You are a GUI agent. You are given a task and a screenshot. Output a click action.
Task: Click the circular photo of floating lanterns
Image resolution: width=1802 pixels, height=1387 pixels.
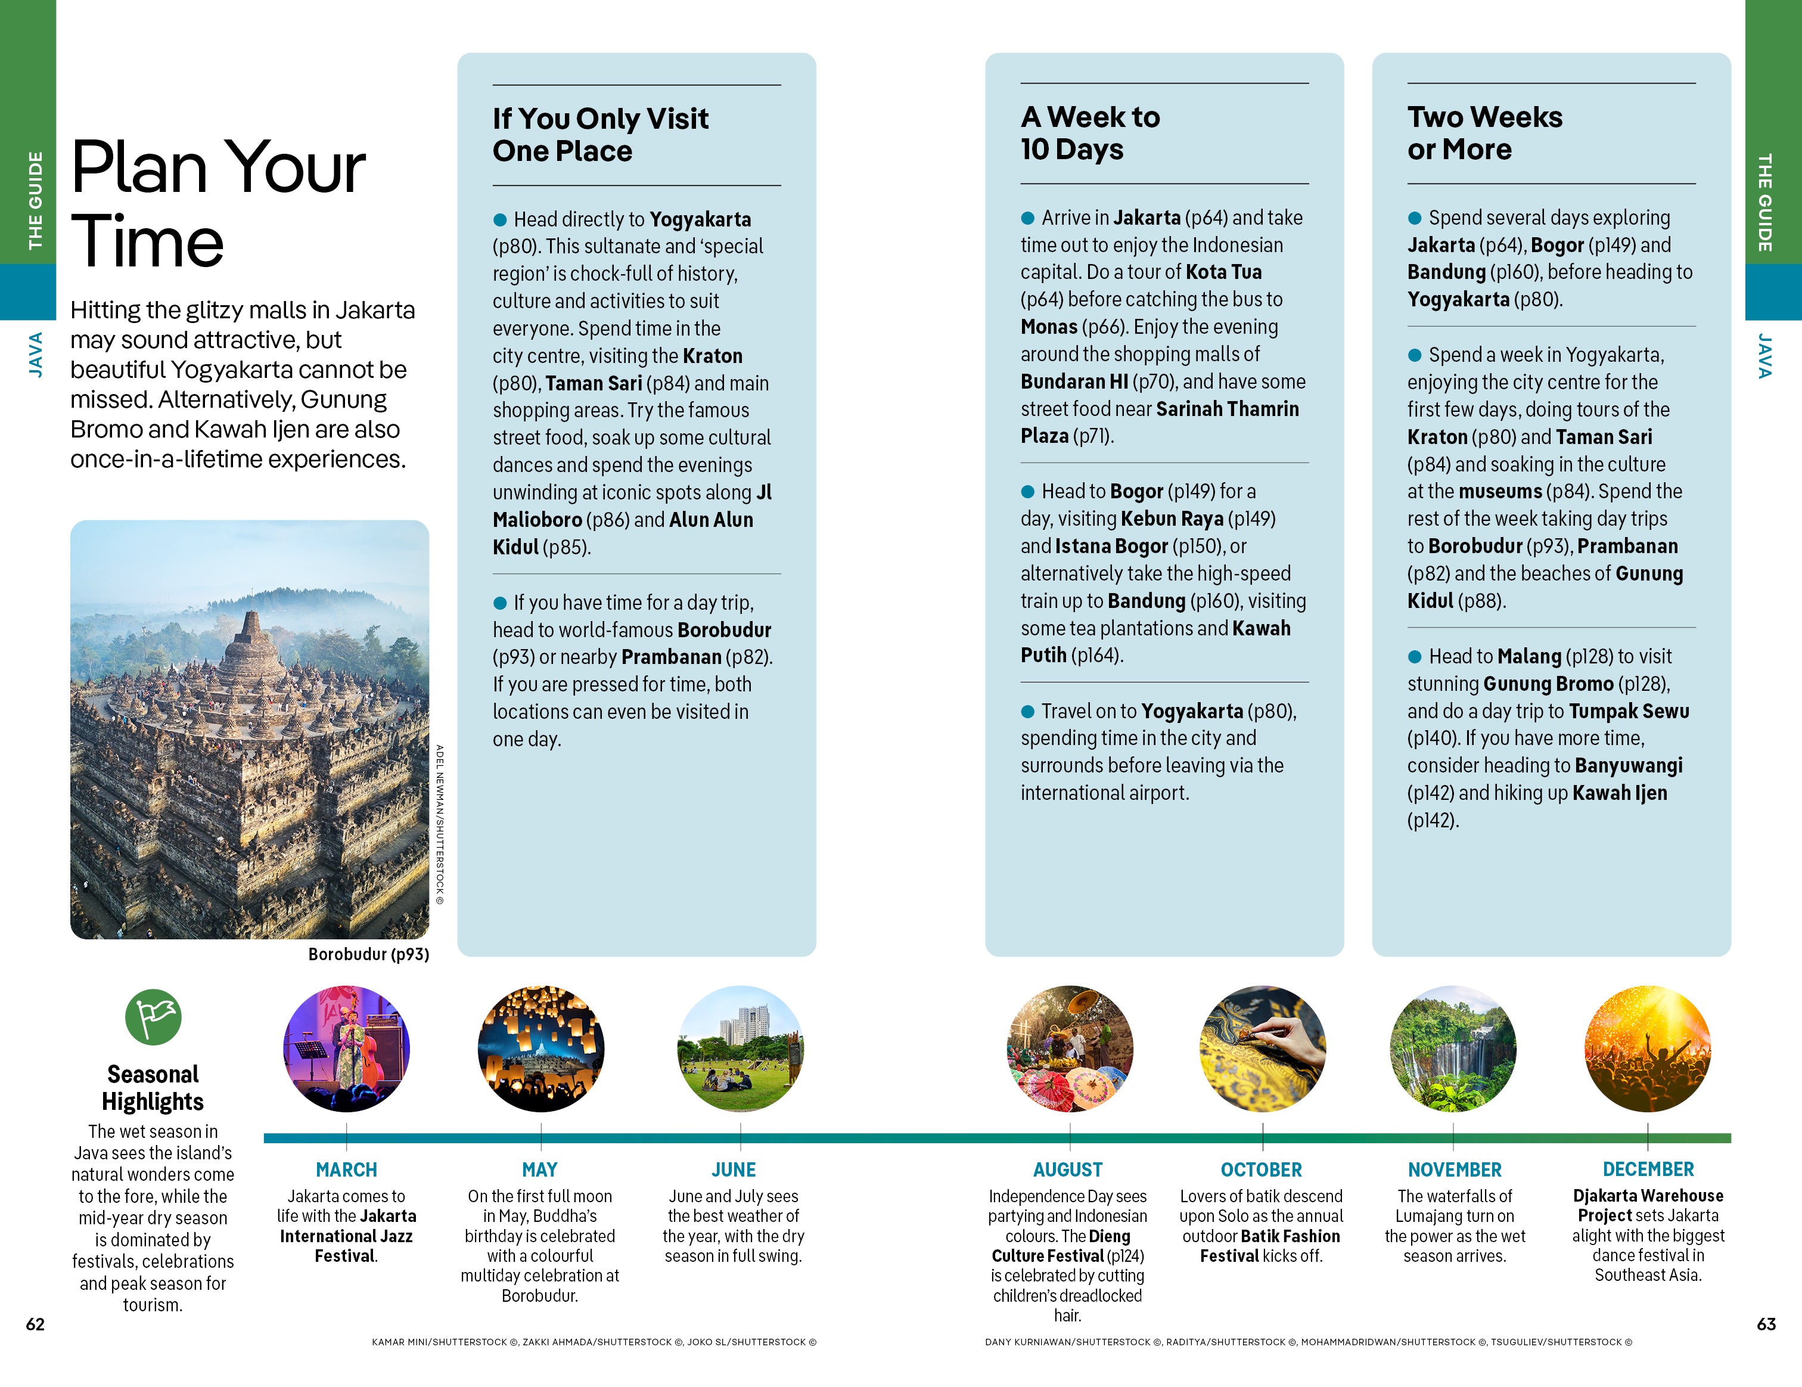540,1048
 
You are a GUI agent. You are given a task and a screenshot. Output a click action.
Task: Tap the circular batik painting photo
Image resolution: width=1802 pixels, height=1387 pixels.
1262,1048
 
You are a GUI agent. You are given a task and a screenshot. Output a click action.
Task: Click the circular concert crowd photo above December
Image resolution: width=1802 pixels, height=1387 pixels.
1648,1048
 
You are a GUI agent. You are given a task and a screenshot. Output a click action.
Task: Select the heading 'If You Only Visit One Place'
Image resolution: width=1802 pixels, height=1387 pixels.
600,135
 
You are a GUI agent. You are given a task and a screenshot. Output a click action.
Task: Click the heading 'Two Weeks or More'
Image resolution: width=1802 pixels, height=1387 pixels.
1484,133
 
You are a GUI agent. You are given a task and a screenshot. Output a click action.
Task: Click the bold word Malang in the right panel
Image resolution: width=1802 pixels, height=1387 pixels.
1529,657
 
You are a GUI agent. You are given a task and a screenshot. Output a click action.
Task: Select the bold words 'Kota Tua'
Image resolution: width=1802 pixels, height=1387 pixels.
1223,272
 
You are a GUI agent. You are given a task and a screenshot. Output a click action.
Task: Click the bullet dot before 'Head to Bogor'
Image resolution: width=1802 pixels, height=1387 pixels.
1028,492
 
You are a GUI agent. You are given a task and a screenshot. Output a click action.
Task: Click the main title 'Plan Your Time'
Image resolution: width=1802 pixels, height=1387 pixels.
218,202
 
